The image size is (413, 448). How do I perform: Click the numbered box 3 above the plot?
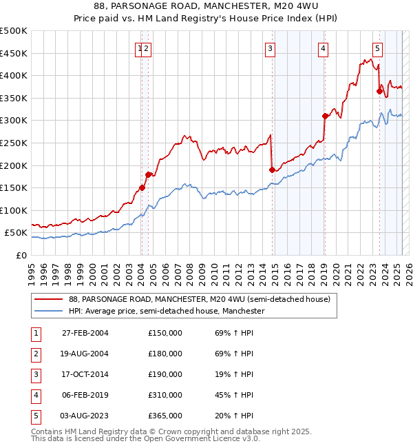pos(271,48)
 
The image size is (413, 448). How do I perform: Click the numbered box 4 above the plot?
pos(323,48)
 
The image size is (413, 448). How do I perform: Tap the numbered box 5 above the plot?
pos(378,48)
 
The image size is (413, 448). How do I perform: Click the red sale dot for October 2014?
pos(272,170)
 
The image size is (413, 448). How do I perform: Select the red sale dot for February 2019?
pos(324,116)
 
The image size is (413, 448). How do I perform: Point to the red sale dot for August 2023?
pos(379,91)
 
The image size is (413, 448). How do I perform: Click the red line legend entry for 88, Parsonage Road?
pos(200,300)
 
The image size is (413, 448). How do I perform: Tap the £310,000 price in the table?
pos(165,396)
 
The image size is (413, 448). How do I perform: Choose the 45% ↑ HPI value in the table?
pos(234,396)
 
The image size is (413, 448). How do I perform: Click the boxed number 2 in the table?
pos(34,354)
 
